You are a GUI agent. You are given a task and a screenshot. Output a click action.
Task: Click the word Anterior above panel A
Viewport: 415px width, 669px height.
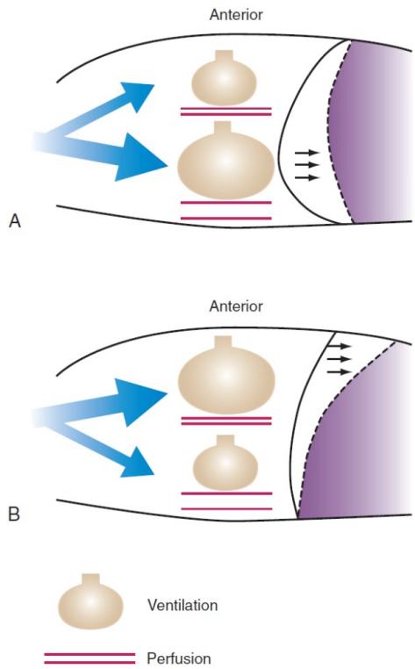coord(236,15)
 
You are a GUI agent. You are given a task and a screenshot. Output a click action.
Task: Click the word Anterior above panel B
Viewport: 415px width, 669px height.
coord(236,306)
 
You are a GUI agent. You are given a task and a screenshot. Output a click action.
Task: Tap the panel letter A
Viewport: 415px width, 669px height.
coord(15,221)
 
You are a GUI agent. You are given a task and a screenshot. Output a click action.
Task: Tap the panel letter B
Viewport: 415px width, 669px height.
coord(14,514)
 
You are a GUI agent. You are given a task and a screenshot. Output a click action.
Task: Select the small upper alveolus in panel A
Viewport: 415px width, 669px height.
coord(224,79)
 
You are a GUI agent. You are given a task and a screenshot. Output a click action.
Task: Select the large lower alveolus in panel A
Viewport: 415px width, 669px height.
coord(225,162)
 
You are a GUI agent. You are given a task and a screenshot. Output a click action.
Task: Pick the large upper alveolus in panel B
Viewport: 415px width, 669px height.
coord(226,376)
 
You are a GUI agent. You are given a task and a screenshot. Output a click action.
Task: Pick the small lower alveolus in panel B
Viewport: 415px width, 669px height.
coord(225,463)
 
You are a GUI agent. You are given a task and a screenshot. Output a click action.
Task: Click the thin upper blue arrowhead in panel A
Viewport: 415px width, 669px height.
coord(137,96)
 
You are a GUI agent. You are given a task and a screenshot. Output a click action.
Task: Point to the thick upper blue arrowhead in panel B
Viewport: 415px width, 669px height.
coord(143,400)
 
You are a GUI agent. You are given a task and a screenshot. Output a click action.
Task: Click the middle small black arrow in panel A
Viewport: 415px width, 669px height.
coord(307,165)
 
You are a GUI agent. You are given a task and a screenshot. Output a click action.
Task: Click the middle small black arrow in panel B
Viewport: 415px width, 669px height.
coord(339,359)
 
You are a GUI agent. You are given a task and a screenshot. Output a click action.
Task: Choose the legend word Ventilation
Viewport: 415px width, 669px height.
coord(182,605)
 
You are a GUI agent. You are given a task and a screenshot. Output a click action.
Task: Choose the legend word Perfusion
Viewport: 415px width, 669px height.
coord(179,658)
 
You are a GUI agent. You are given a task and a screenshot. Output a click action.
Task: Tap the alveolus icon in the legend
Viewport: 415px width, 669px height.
coord(90,601)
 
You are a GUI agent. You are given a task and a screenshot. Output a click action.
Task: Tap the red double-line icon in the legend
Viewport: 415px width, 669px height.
coord(89,658)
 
